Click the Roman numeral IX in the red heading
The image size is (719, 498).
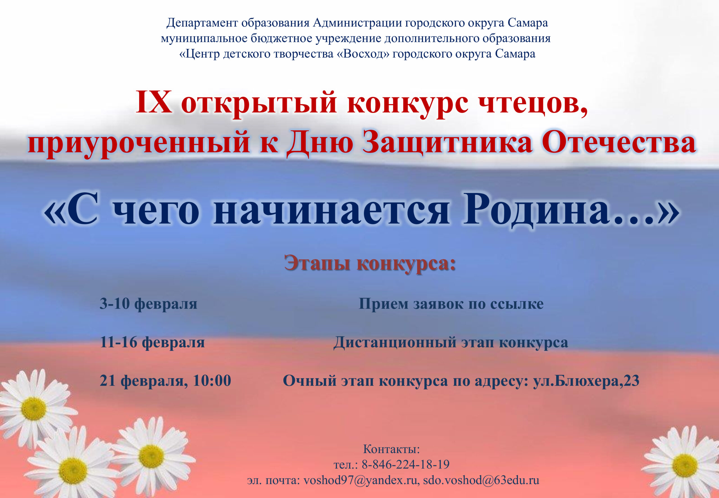click(154, 102)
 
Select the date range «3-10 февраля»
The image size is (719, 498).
click(148, 304)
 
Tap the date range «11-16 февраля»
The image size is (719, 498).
click(152, 342)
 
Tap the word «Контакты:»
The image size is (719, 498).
click(391, 449)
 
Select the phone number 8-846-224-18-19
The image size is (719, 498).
click(405, 465)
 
